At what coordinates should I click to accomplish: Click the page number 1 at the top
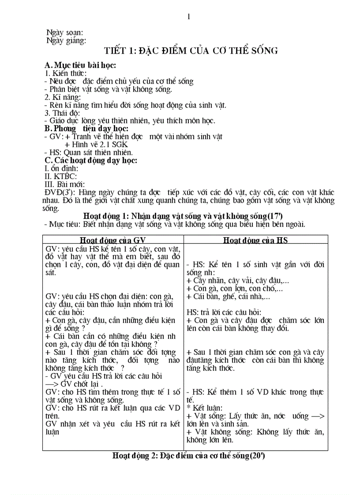188,17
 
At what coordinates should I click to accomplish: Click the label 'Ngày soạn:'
64,33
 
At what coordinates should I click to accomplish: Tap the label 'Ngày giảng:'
66,41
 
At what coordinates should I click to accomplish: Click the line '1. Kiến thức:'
66,73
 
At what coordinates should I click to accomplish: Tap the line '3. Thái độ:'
62,113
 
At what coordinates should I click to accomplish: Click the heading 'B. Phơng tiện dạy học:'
86,129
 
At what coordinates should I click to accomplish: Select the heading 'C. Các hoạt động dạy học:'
91,160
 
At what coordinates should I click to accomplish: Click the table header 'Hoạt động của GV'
113,240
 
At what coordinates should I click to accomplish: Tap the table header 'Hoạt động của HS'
255,240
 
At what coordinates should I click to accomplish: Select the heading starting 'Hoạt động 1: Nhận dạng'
183,216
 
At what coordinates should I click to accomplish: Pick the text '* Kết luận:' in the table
205,408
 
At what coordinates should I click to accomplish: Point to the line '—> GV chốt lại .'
78,383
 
